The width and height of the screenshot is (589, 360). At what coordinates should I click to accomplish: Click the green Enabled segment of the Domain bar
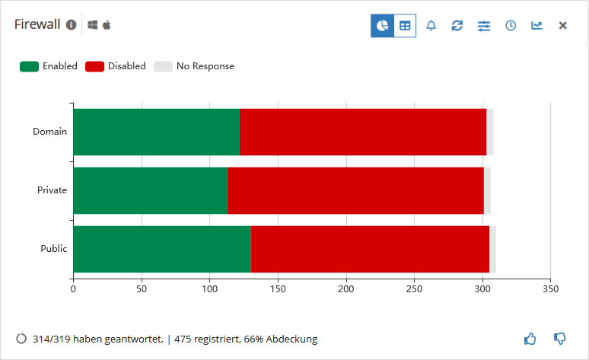click(x=156, y=132)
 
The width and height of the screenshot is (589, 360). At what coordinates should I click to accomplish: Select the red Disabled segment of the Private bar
click(x=355, y=190)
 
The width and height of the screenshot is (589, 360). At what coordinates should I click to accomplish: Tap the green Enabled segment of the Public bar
click(x=162, y=249)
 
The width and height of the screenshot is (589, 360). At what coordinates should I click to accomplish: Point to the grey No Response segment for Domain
click(x=490, y=132)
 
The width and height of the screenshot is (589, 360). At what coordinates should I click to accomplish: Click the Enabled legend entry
click(x=49, y=66)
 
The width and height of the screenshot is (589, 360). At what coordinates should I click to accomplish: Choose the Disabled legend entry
click(x=116, y=66)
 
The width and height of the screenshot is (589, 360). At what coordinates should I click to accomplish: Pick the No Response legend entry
click(x=194, y=66)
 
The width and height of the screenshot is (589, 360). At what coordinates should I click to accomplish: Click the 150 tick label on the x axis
click(x=278, y=289)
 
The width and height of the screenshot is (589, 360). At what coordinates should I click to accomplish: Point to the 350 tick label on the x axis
click(x=551, y=289)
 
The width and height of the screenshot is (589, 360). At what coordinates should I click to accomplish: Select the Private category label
click(x=52, y=190)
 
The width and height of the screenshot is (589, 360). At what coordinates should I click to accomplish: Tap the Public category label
click(x=54, y=249)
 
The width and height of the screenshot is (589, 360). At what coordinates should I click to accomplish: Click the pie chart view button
click(x=383, y=26)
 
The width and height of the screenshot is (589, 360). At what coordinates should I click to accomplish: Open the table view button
click(x=405, y=26)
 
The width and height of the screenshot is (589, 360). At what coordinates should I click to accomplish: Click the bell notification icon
click(x=431, y=26)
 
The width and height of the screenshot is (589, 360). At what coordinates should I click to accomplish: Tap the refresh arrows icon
click(x=457, y=26)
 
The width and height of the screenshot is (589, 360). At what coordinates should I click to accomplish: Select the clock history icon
click(x=511, y=26)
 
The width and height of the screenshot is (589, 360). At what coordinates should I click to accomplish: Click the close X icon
click(x=562, y=26)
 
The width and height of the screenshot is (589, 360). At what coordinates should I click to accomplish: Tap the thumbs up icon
click(x=530, y=339)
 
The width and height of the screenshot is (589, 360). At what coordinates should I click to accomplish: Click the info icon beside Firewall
click(x=72, y=25)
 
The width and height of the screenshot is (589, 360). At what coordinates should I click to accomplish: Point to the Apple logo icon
click(x=107, y=25)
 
